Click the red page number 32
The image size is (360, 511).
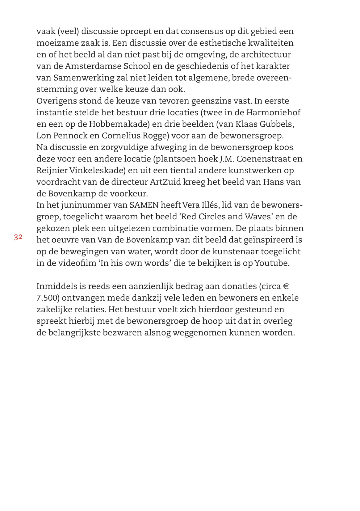click(x=18, y=237)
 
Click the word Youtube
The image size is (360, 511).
click(x=272, y=263)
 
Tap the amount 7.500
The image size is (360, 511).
click(x=48, y=298)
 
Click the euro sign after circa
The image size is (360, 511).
click(x=286, y=286)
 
